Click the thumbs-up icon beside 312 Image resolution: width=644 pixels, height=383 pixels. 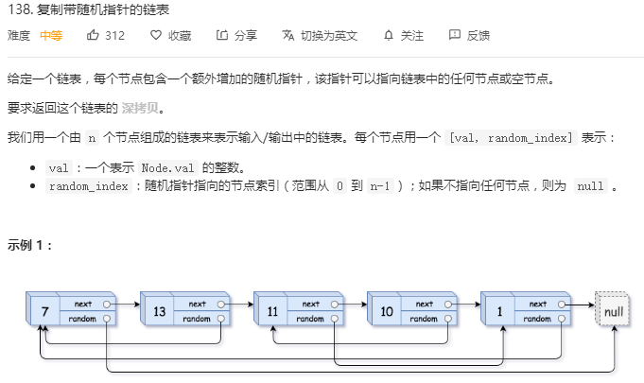[93, 36]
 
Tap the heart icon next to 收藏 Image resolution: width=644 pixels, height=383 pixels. [156, 36]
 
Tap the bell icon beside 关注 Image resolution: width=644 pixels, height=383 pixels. [388, 36]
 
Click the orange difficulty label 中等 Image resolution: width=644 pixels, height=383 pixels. [51, 36]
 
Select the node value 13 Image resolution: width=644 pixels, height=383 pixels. [158, 311]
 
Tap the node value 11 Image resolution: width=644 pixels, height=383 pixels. [272, 311]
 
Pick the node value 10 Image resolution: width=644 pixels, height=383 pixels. [386, 311]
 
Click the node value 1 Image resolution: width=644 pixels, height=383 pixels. [499, 311]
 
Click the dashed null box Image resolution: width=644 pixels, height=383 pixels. [613, 311]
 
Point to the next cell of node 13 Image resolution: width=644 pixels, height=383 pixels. [198, 304]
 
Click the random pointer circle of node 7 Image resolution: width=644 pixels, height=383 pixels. [108, 319]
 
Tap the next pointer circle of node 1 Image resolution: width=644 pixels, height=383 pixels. [563, 304]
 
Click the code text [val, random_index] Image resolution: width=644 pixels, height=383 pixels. [512, 138]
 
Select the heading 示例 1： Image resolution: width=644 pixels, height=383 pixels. [30, 244]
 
